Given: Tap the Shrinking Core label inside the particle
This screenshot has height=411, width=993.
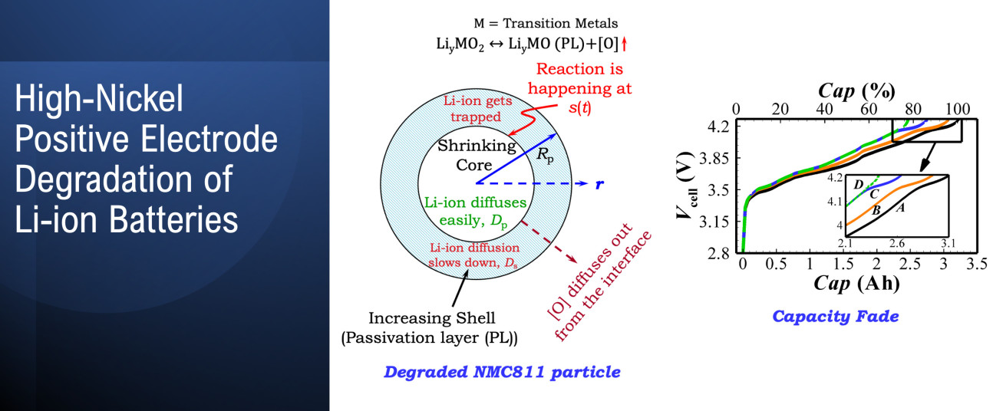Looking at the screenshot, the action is pyautogui.click(x=476, y=155).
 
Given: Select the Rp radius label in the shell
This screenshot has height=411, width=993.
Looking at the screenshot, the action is pyautogui.click(x=546, y=155).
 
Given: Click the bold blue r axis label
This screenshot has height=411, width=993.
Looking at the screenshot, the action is pyautogui.click(x=599, y=184).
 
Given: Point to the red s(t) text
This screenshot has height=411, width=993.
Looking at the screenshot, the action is pyautogui.click(x=580, y=107).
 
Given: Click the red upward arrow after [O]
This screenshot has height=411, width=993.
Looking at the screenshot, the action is pyautogui.click(x=624, y=44).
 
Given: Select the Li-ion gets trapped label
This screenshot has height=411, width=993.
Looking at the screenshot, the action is pyautogui.click(x=477, y=109).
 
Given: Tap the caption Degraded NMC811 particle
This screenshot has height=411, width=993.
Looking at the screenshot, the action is pyautogui.click(x=502, y=372).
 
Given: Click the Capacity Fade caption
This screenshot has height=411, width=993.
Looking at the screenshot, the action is pyautogui.click(x=836, y=316).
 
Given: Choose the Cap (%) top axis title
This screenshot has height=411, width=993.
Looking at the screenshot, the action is pyautogui.click(x=856, y=91).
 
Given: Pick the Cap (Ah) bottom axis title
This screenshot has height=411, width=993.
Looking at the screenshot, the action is pyautogui.click(x=856, y=283).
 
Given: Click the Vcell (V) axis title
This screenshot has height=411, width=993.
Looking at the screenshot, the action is pyautogui.click(x=686, y=186).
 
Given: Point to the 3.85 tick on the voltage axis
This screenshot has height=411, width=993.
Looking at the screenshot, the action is pyautogui.click(x=714, y=158).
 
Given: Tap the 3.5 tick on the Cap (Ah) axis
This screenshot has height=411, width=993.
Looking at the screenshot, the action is pyautogui.click(x=977, y=264).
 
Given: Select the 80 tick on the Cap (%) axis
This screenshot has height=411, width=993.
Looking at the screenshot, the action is pyautogui.click(x=913, y=109).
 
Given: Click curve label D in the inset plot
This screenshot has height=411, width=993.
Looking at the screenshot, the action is pyautogui.click(x=858, y=185).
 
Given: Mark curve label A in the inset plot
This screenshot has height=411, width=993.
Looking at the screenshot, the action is pyautogui.click(x=900, y=207).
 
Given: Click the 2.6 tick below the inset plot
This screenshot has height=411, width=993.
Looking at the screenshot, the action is pyautogui.click(x=897, y=243).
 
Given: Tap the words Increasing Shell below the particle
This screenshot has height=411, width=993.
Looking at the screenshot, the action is pyautogui.click(x=432, y=318).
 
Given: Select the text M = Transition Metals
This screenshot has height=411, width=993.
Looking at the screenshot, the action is pyautogui.click(x=546, y=23).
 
